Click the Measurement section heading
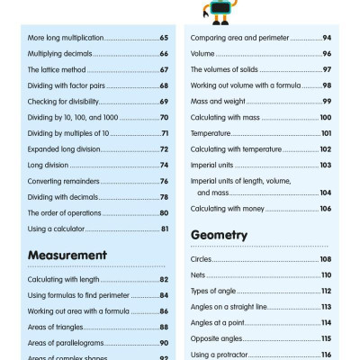point(68,255)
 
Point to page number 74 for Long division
point(164,166)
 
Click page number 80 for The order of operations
point(164,213)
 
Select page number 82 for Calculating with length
point(164,280)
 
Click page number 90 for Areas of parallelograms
point(164,344)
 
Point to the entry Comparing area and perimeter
point(242,38)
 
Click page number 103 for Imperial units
point(326,166)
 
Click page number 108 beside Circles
point(326,259)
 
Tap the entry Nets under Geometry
point(199,274)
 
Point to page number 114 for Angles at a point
point(326,322)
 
